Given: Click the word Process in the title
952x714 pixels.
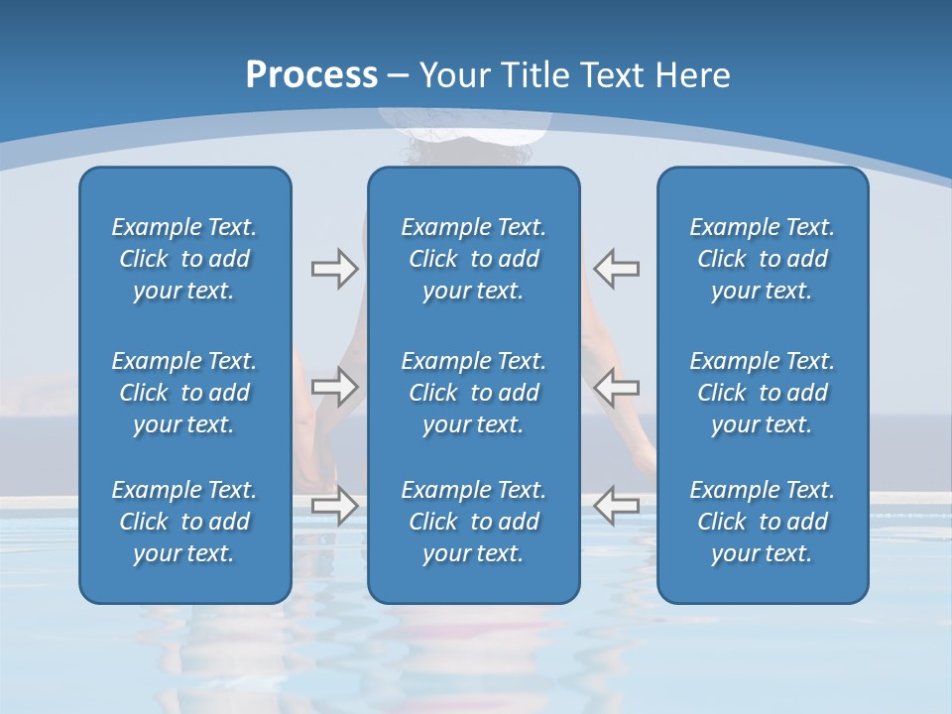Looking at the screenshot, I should [x=311, y=75].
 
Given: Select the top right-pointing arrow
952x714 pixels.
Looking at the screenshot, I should [x=334, y=269].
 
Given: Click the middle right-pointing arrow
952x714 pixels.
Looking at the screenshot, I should [x=334, y=386].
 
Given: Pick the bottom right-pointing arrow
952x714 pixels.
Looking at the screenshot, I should [x=334, y=505].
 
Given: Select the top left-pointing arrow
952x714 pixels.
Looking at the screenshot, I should [x=617, y=269].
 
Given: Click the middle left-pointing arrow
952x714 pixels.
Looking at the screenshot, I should [x=617, y=386].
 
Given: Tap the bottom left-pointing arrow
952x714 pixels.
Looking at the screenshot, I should [x=617, y=505].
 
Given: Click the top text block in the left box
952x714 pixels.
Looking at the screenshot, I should [x=184, y=259].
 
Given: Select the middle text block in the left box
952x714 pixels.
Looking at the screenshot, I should [x=184, y=393].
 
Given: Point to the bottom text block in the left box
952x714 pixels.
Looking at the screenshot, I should [x=184, y=522].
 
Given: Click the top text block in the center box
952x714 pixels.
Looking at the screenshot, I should [x=473, y=259].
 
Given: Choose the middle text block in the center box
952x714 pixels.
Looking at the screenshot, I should [x=473, y=393].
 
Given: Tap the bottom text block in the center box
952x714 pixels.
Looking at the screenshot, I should [x=473, y=522].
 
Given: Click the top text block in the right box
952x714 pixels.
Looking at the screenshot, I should [x=762, y=259].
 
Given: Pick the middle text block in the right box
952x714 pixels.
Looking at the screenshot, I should [x=762, y=393].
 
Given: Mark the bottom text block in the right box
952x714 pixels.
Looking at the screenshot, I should [x=762, y=522].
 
